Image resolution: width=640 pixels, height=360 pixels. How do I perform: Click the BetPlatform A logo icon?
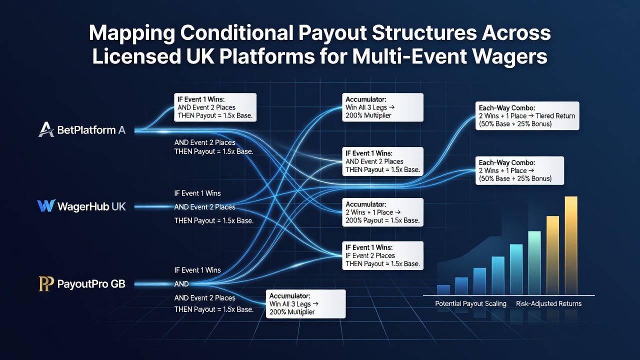tap(46, 129)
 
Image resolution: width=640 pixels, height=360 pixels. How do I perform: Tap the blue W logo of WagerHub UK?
tap(46, 205)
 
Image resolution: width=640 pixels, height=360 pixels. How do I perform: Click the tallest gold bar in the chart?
tap(571, 245)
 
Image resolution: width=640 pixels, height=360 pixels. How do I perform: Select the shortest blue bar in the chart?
tap(443, 289)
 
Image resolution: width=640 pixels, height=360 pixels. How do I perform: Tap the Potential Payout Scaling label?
tap(470, 303)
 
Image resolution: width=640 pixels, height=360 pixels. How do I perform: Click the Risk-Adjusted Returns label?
tap(548, 303)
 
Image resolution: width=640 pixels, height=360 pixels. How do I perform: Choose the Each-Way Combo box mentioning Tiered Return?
tap(527, 115)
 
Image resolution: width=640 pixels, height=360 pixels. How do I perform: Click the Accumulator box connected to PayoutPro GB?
tap(305, 304)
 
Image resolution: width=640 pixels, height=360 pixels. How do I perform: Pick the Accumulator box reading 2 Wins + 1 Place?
tap(383, 212)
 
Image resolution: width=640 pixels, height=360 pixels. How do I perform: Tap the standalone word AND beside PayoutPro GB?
tap(181, 283)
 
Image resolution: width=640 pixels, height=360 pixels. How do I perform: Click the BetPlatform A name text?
tap(91, 130)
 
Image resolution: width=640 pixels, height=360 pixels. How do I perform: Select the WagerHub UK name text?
tap(91, 206)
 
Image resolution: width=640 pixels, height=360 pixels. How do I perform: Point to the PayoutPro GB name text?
tap(91, 283)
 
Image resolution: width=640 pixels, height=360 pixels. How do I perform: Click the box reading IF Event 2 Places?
tap(383, 255)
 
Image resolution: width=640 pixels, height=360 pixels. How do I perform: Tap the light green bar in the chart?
tap(534, 263)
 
